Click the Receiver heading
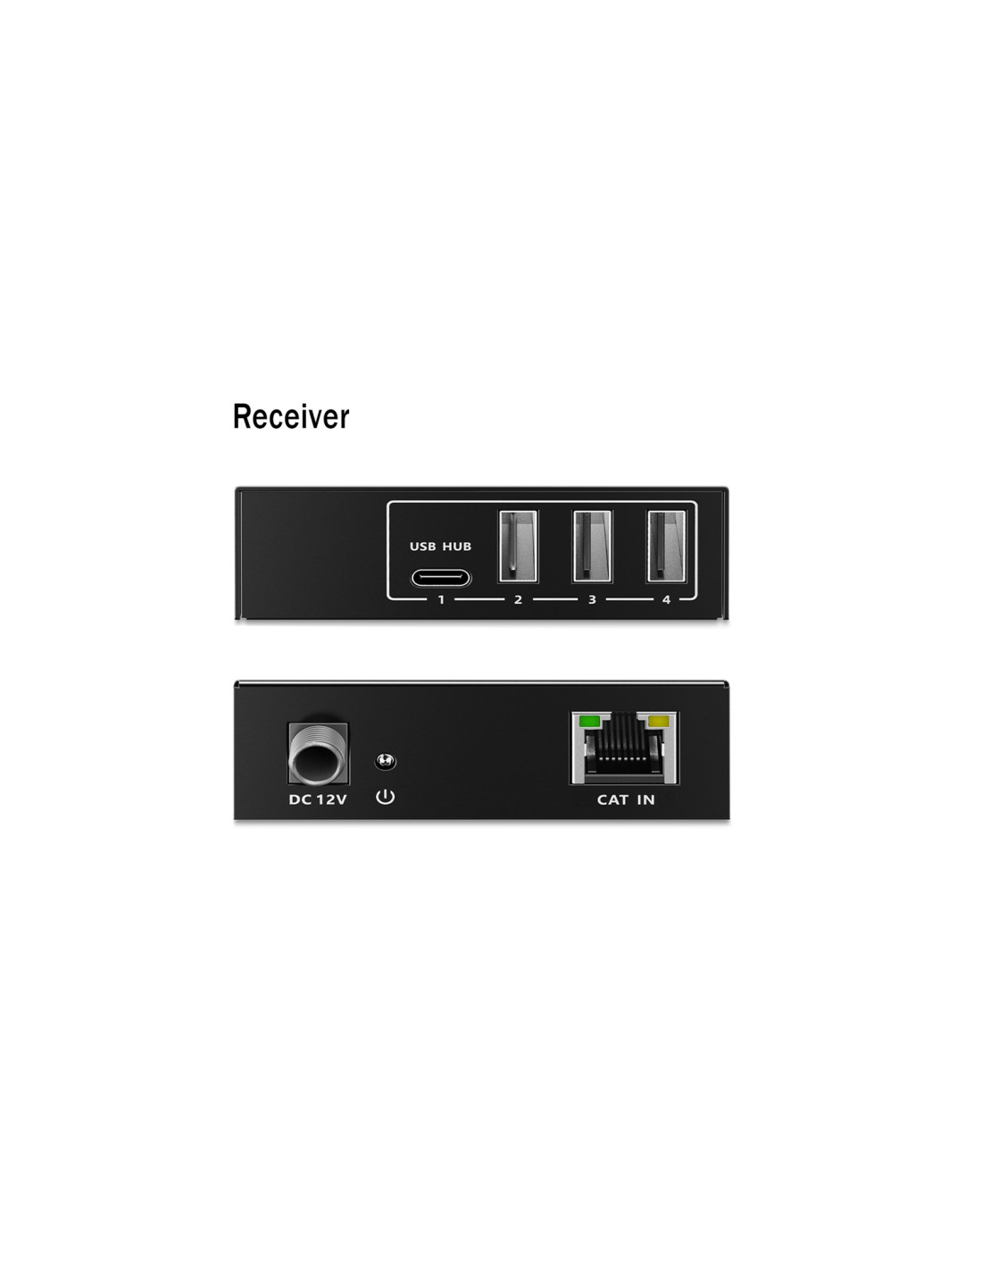291,416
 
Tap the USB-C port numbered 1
440,578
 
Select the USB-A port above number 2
518,546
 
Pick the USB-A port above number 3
592,546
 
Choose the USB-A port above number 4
666,546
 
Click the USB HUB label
440,547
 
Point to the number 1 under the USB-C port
441,599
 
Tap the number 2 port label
518,599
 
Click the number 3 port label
592,599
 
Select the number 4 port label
666,599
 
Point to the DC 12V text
318,799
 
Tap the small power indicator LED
385,761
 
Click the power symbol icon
385,796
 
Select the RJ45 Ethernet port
625,748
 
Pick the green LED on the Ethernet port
589,721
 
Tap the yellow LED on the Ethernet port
658,721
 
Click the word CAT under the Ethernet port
612,799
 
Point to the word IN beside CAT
645,799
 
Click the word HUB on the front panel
457,547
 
